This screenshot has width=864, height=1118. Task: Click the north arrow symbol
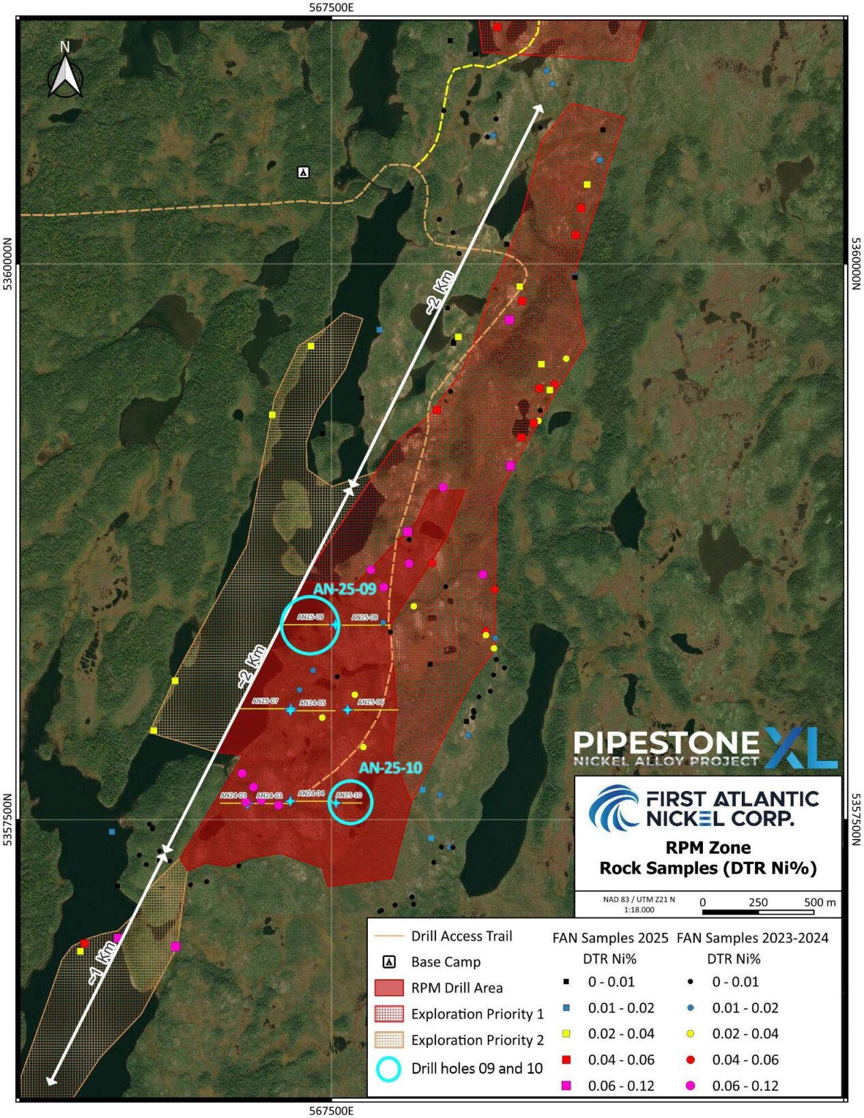point(66,72)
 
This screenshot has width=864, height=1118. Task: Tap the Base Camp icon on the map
point(304,172)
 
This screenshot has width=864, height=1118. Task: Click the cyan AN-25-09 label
point(345,589)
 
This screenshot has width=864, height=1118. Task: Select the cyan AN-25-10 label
point(390,768)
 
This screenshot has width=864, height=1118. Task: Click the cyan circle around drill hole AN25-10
point(351,802)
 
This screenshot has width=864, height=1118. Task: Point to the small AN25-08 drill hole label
point(364,618)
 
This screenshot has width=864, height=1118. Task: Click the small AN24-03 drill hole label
point(233,795)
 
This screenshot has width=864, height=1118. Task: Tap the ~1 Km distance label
point(100,963)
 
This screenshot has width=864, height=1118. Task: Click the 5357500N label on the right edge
point(856,819)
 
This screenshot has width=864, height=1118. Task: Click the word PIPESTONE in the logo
point(666,742)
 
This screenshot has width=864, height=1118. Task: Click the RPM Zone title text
point(708,848)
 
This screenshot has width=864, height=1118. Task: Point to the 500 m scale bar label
point(820,902)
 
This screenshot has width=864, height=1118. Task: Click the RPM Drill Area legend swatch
point(389,988)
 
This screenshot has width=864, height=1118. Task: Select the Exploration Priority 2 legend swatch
point(389,1040)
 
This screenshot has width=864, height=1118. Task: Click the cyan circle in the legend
point(389,1068)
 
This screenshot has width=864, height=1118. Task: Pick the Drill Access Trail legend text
point(461,936)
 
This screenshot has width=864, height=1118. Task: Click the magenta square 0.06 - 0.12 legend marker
point(566,1085)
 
